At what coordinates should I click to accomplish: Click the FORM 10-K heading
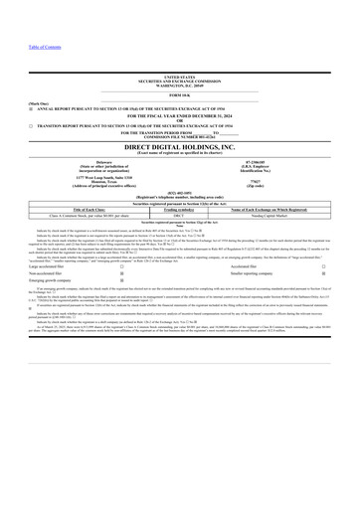click(x=180, y=94)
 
